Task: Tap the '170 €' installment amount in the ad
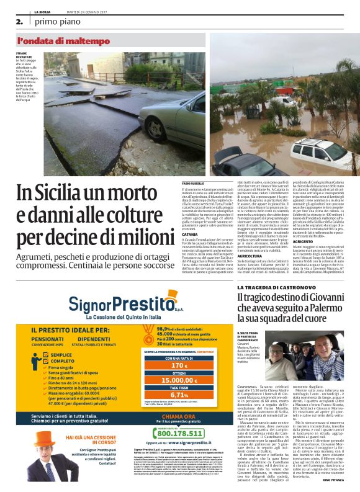click(179, 366)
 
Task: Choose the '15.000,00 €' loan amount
click(179, 380)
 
